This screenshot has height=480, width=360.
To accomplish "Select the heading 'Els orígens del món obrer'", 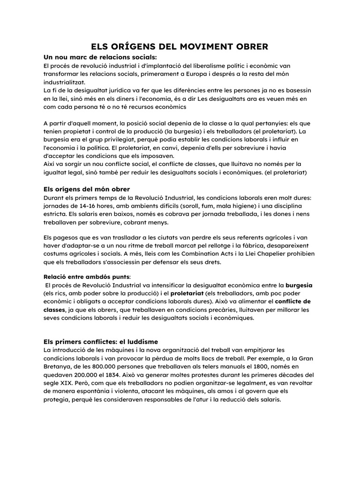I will [87, 189].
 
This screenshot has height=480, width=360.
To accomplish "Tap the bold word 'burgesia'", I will [300, 285].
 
